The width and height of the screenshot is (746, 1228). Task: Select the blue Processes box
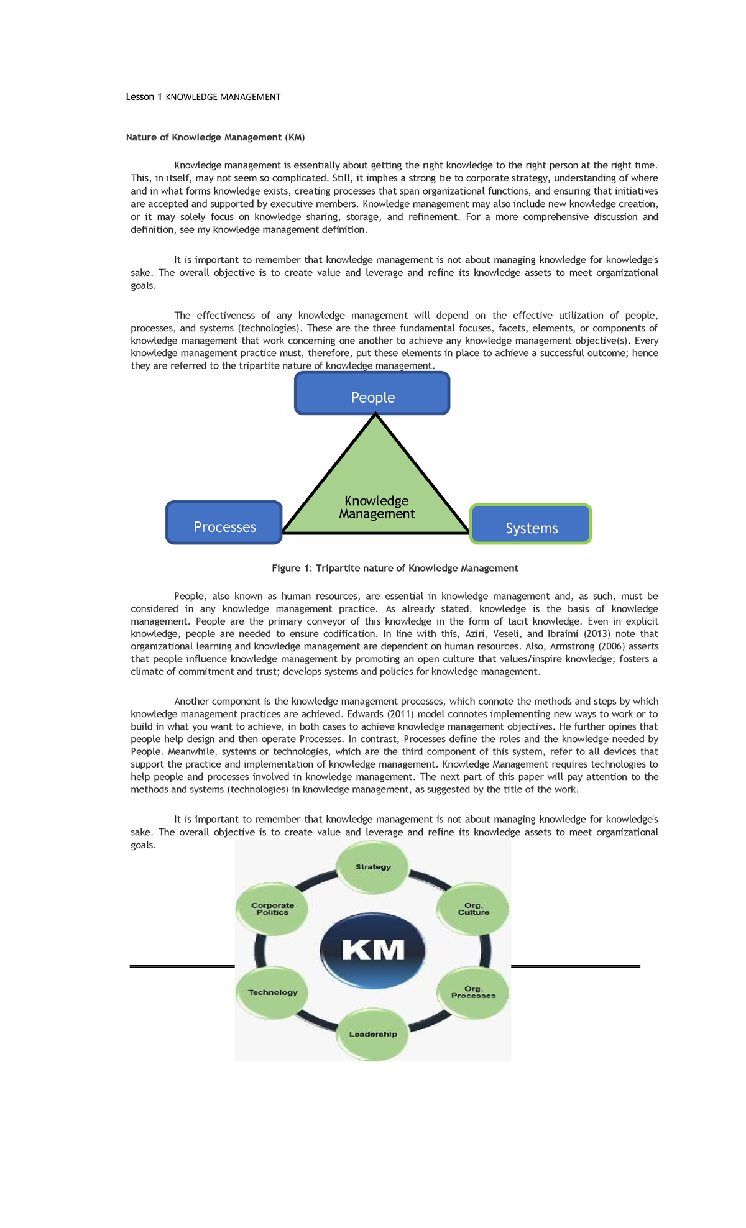click(224, 523)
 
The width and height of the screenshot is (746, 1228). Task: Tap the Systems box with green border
click(531, 525)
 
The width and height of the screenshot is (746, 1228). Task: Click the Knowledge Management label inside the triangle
click(377, 508)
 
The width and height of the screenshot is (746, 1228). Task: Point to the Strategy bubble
click(373, 867)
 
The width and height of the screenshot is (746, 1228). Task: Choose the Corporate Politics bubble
click(272, 909)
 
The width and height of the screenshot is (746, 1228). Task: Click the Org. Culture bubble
click(474, 909)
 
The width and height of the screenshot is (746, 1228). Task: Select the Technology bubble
click(272, 992)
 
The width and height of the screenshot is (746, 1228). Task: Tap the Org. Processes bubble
click(474, 992)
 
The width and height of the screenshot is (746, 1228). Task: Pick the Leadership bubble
click(373, 1034)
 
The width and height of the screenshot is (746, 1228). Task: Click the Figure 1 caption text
click(395, 568)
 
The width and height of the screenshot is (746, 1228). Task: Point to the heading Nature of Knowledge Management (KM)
click(215, 137)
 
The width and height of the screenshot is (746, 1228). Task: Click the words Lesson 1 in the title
click(144, 97)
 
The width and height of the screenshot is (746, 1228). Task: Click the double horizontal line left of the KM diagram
click(182, 966)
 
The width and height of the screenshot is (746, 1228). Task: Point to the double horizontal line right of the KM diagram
click(575, 966)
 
